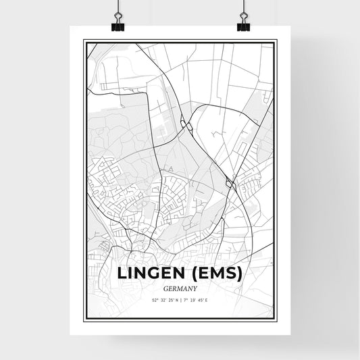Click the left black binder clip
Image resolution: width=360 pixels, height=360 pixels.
[x=118, y=24]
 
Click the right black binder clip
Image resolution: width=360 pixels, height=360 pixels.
[x=243, y=24]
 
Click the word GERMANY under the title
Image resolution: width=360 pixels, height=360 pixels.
[x=180, y=288]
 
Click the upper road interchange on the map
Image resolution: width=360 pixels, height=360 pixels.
[x=186, y=124]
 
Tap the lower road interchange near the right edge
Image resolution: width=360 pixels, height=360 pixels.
[x=230, y=182]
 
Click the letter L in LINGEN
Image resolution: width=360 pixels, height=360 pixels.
[x=122, y=274]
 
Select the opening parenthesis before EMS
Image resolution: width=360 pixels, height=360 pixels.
[x=191, y=274]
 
